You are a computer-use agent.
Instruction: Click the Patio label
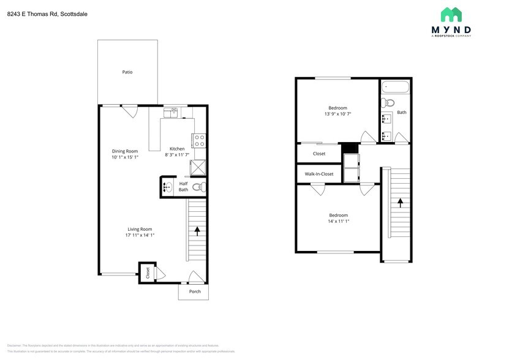click(127, 72)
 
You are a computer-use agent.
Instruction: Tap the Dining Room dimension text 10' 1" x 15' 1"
click(125, 157)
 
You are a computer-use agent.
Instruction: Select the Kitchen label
click(177, 149)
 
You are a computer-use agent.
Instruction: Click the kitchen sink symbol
click(171, 111)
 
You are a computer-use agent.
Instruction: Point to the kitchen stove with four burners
click(200, 141)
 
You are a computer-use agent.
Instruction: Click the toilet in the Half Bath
click(198, 187)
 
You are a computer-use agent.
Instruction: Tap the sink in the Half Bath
click(167, 187)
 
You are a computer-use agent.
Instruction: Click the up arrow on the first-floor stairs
click(197, 231)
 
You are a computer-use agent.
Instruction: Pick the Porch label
click(195, 291)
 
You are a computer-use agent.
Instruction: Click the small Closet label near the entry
click(148, 273)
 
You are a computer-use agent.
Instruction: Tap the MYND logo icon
click(451, 15)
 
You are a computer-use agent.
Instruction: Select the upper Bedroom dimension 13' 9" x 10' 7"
click(337, 114)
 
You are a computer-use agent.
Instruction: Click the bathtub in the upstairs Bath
click(394, 87)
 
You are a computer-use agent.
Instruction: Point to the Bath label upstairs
click(402, 113)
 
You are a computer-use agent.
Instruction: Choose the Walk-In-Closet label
click(319, 174)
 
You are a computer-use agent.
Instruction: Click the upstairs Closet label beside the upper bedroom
click(319, 154)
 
